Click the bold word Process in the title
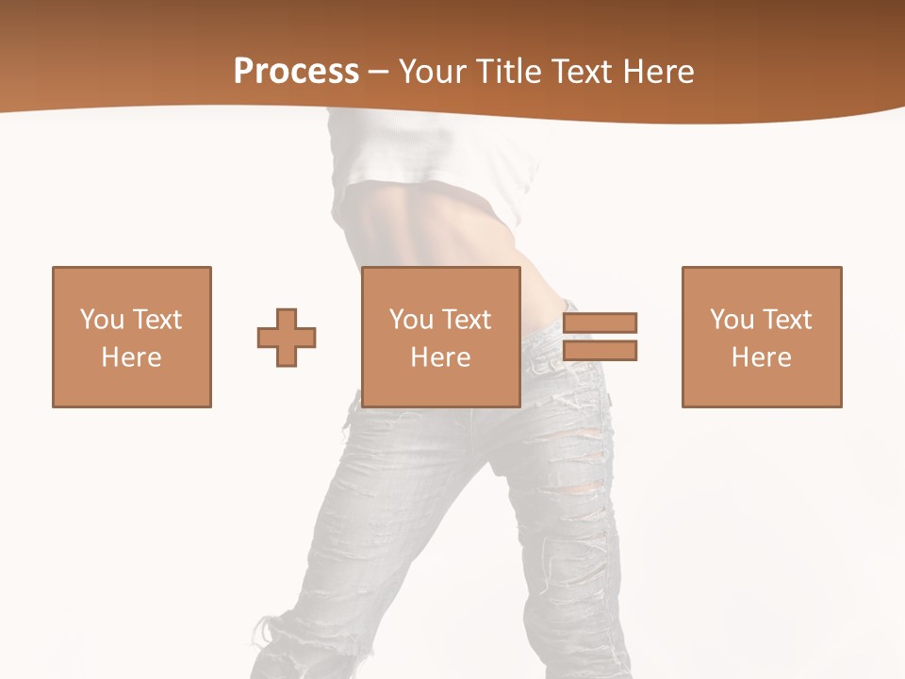(x=296, y=72)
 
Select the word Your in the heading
(x=436, y=72)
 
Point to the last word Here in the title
(x=659, y=72)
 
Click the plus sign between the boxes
(x=287, y=338)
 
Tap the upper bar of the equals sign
(x=601, y=323)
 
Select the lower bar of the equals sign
(x=601, y=351)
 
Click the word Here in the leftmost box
(x=132, y=357)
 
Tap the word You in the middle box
(x=412, y=320)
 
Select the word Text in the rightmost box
(x=787, y=320)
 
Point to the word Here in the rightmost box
(x=762, y=357)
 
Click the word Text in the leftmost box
(x=157, y=320)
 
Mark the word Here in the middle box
(x=441, y=357)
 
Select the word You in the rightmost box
(x=732, y=320)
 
